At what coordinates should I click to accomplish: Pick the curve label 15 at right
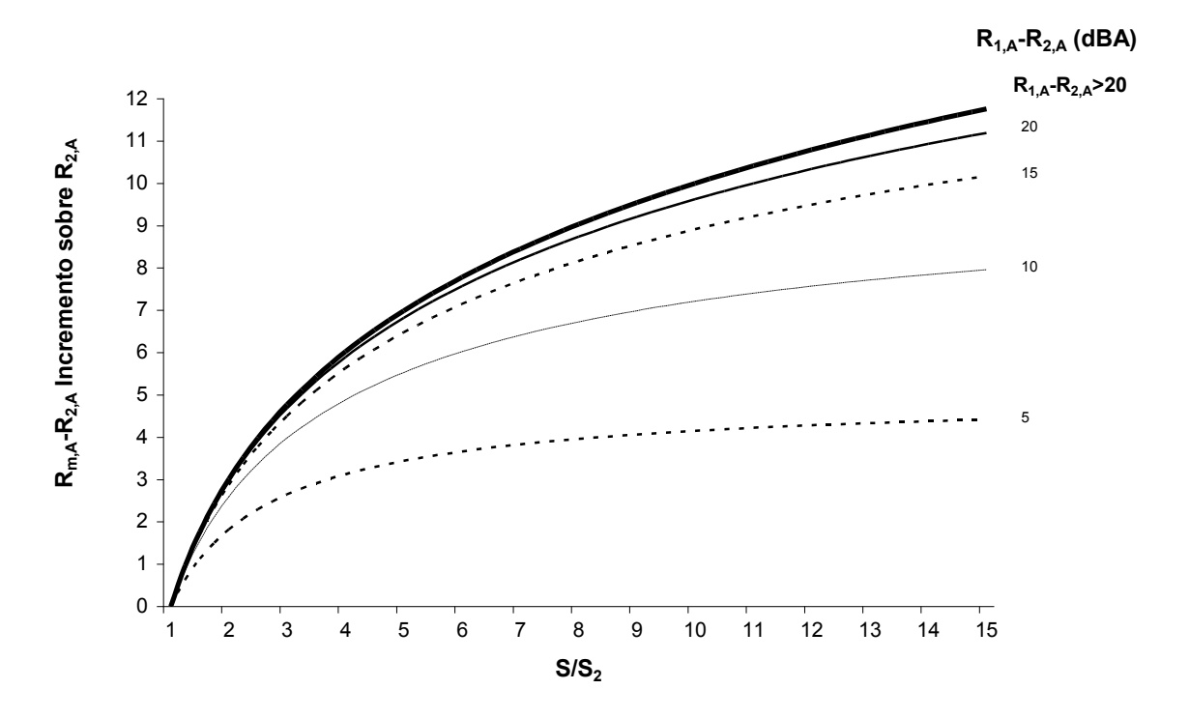coord(1030,172)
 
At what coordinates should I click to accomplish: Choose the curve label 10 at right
coord(1030,266)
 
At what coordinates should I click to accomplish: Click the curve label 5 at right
coord(1027,417)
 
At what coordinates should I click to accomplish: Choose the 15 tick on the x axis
coord(980,626)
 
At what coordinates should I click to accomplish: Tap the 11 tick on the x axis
coord(747,626)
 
